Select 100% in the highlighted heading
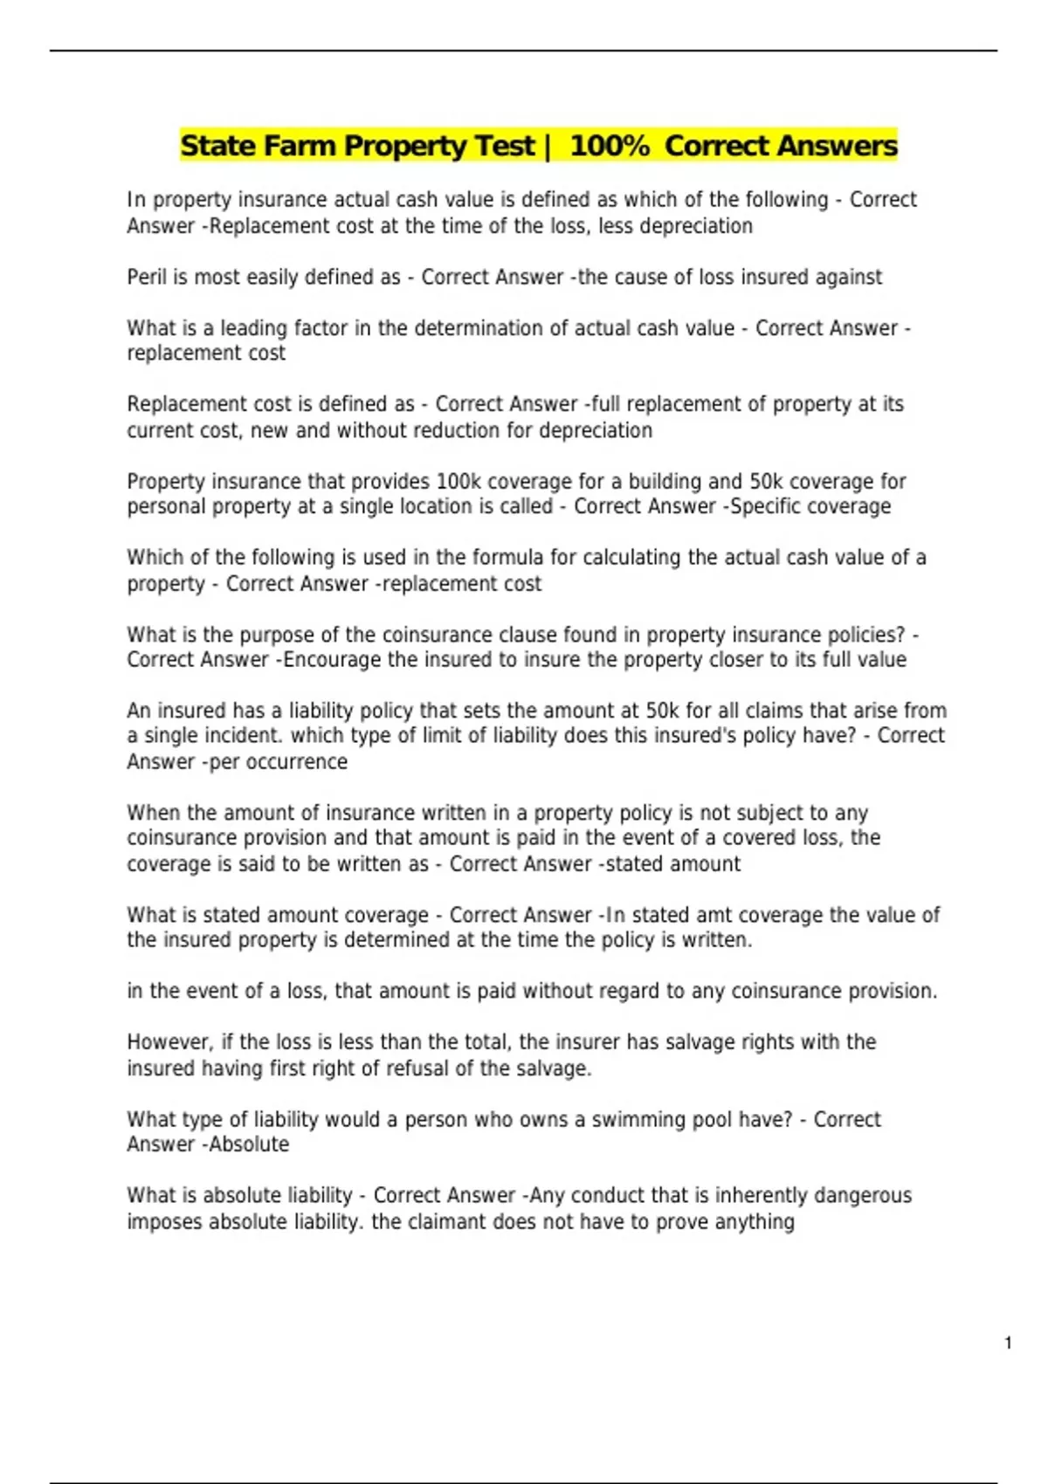click(610, 146)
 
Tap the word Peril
click(146, 278)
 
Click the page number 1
click(1009, 1343)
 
